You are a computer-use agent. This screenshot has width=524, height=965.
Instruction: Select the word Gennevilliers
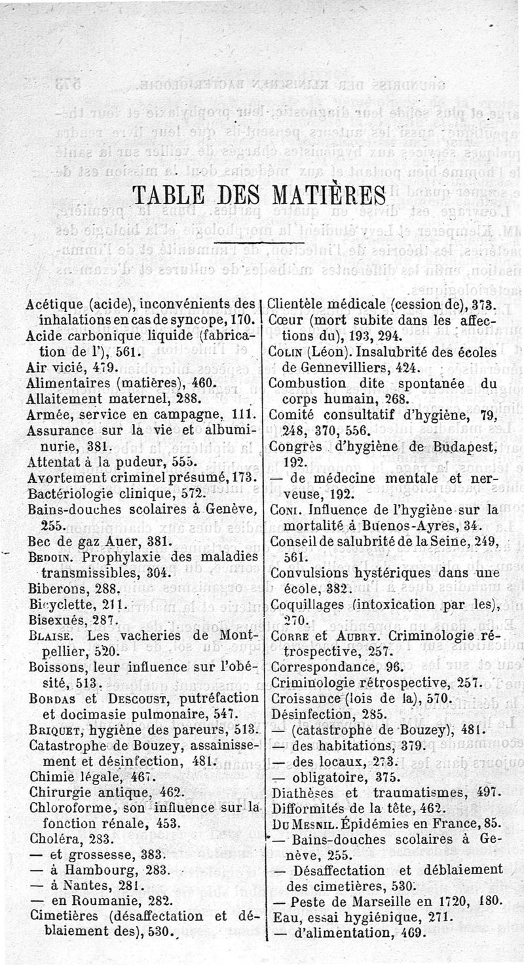coord(339,367)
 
